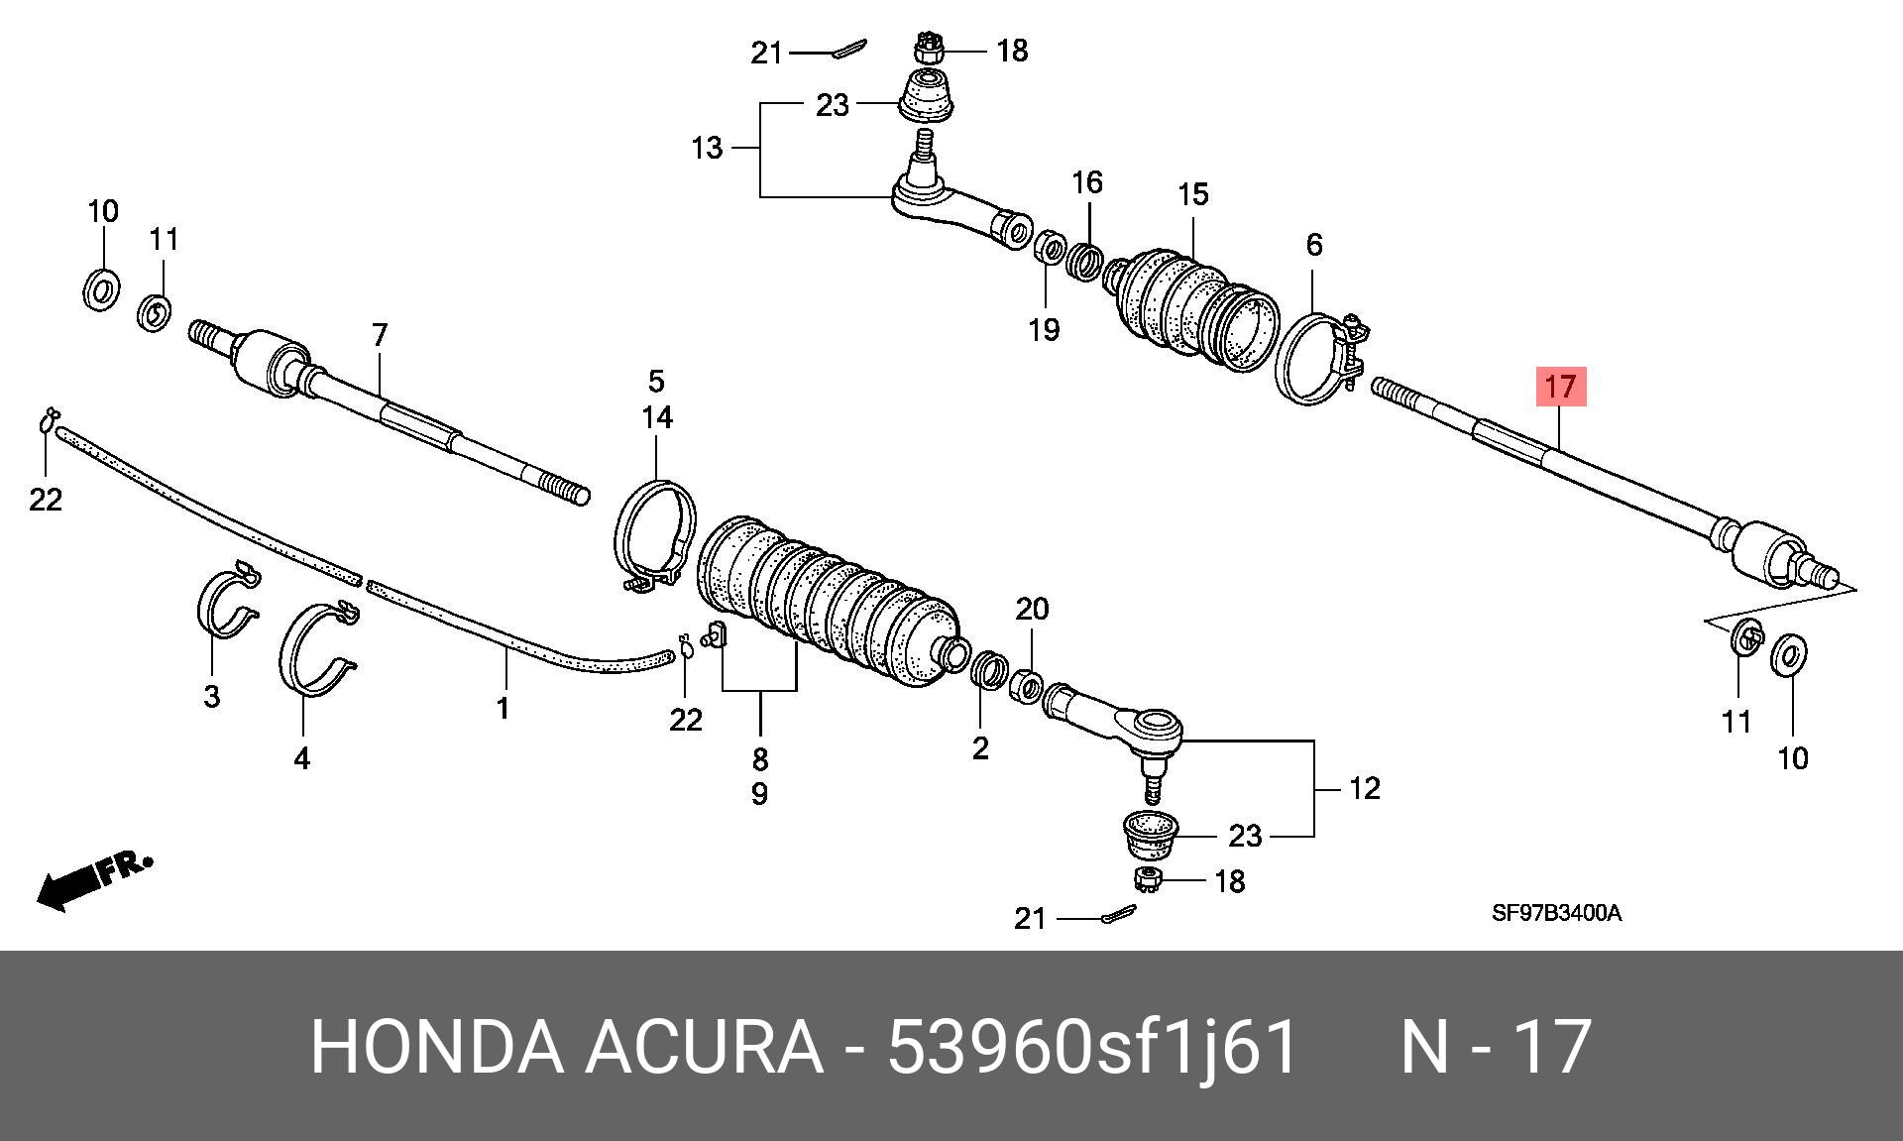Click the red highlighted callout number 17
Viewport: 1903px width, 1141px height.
coord(1561,387)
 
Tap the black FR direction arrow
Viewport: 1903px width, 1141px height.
coord(95,881)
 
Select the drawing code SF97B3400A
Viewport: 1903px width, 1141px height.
coord(1557,913)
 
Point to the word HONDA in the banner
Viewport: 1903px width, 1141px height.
coord(436,1047)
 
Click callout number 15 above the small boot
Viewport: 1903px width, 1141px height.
coord(1192,194)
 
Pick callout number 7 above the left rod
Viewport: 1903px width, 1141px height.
coord(380,335)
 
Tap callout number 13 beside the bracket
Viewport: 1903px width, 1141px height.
coord(707,149)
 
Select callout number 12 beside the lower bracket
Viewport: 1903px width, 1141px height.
coord(1365,788)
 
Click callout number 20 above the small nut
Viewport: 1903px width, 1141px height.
coord(1032,609)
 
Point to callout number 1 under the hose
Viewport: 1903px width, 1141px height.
coord(504,708)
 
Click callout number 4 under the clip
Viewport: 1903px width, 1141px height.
coord(301,758)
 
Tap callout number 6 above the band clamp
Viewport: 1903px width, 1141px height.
coord(1314,244)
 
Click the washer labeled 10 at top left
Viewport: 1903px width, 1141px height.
coord(101,287)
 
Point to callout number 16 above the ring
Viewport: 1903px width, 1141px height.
coord(1087,182)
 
